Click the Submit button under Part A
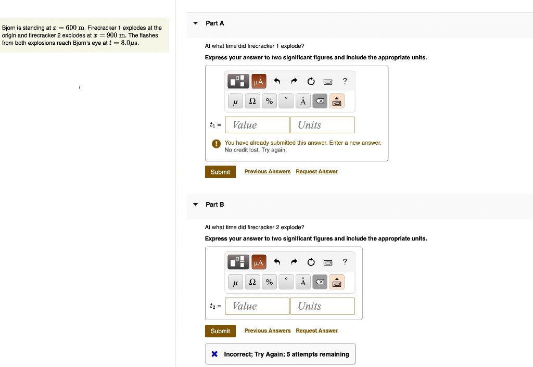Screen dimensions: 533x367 (220, 172)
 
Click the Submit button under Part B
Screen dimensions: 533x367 (220, 331)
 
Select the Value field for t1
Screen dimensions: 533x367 (257, 125)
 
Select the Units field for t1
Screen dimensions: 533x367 (322, 125)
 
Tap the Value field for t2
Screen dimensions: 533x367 (257, 306)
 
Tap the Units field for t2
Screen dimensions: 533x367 (322, 306)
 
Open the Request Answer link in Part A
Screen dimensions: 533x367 (317, 172)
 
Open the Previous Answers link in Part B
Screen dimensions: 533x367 (268, 331)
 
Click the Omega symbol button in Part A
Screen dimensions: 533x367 (252, 101)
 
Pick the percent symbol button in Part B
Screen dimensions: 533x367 (269, 282)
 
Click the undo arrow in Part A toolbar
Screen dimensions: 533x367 (277, 81)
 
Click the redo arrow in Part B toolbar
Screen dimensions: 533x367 (294, 262)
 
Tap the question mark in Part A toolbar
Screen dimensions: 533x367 (345, 81)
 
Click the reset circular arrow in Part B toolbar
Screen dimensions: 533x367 (311, 262)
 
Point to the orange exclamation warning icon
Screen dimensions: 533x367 (216, 144)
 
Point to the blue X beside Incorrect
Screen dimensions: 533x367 (214, 354)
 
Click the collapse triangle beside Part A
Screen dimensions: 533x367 (196, 23)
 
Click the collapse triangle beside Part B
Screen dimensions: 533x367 (196, 204)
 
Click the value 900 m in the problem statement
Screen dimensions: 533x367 (116, 35)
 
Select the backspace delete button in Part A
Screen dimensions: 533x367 (320, 101)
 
